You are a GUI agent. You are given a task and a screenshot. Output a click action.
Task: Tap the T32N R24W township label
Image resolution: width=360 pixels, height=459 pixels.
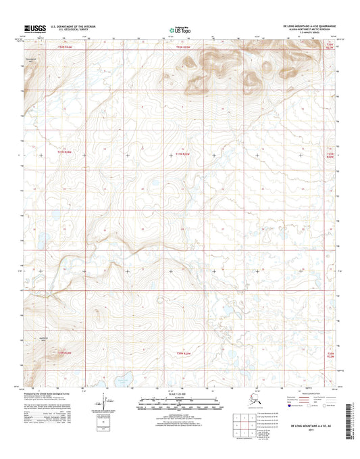pos(64,48)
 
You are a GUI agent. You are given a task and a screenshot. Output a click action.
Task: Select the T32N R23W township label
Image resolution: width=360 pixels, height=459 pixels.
pos(184,48)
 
